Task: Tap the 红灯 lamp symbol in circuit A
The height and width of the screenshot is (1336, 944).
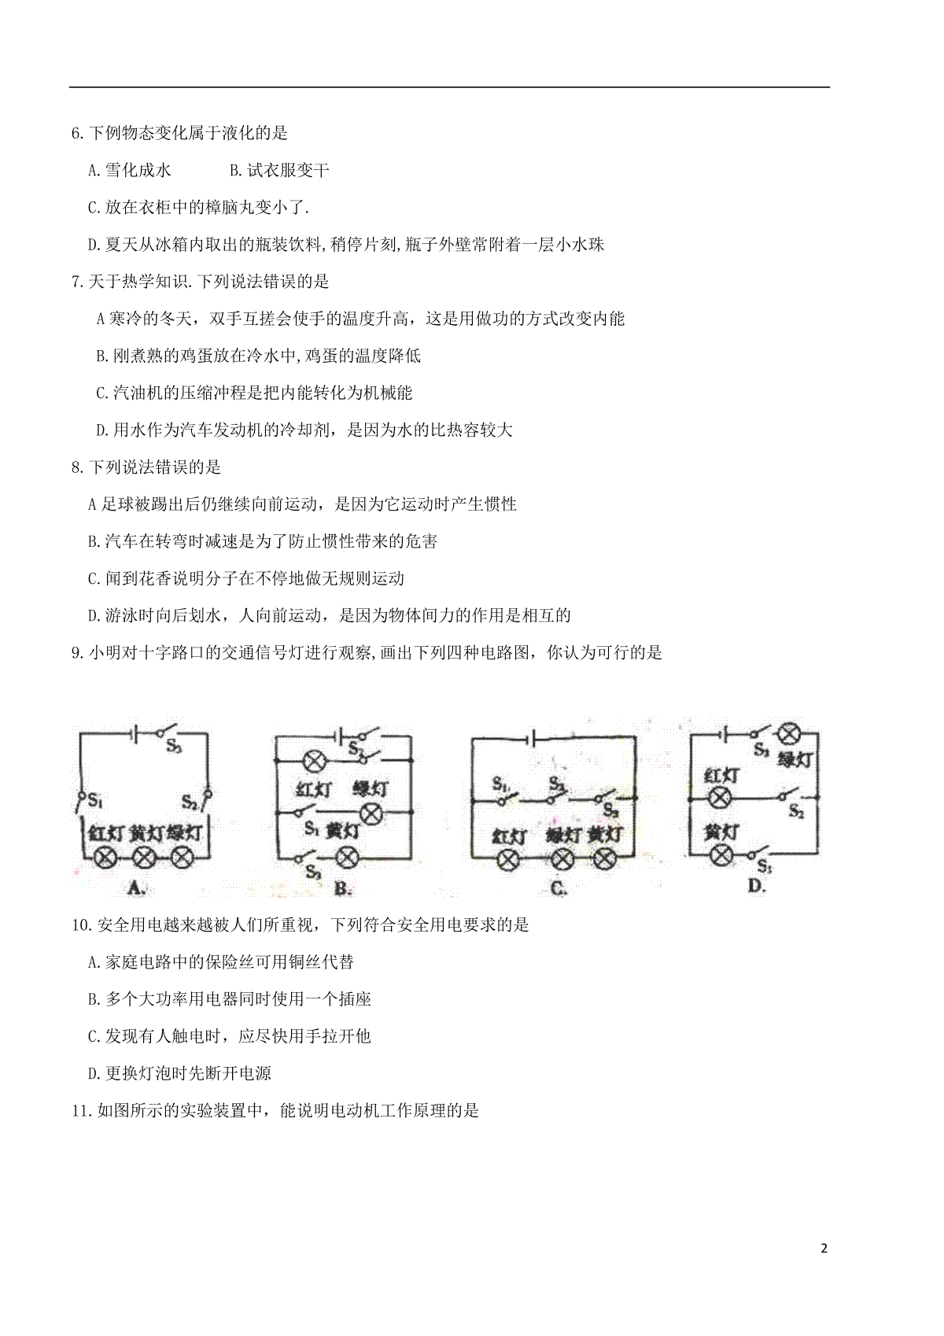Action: click(x=106, y=858)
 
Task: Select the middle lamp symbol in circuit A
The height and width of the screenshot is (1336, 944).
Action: click(x=144, y=858)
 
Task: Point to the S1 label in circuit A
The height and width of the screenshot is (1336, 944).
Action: click(x=95, y=800)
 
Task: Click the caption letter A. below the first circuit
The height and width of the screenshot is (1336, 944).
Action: click(x=137, y=888)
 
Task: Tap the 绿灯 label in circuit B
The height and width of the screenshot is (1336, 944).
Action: click(x=371, y=789)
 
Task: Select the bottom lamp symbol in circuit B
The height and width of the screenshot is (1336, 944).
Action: click(x=347, y=858)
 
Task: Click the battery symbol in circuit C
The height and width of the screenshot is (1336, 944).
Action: click(x=530, y=740)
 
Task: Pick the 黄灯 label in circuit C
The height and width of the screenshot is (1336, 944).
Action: click(x=604, y=835)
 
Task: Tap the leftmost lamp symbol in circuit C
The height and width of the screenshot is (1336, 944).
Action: click(x=508, y=860)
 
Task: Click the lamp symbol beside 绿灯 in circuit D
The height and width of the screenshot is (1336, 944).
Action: click(x=790, y=733)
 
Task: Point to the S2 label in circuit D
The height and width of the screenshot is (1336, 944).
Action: click(x=797, y=810)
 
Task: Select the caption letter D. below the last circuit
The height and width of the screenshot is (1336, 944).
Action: click(x=757, y=886)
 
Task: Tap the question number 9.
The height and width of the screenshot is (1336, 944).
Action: click(x=78, y=653)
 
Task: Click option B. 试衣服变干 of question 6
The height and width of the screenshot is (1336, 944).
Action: click(x=280, y=171)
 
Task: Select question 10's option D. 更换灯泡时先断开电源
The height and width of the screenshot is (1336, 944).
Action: click(x=179, y=1073)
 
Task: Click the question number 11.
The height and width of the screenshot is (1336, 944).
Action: click(x=81, y=1110)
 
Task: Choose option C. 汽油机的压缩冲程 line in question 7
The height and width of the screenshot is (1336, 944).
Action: click(x=254, y=393)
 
